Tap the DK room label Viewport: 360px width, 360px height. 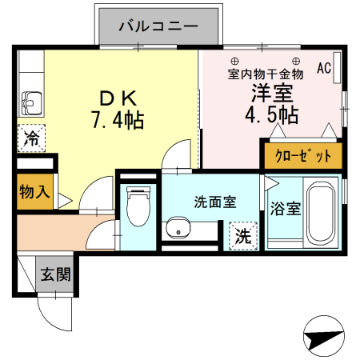pyautogui.click(x=119, y=98)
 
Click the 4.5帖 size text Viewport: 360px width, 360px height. pyautogui.click(x=271, y=115)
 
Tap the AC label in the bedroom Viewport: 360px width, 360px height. pyautogui.click(x=323, y=68)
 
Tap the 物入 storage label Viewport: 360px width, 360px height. pyautogui.click(x=35, y=192)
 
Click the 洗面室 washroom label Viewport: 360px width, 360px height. pyautogui.click(x=214, y=202)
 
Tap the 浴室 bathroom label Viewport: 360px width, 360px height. pyautogui.click(x=285, y=210)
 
